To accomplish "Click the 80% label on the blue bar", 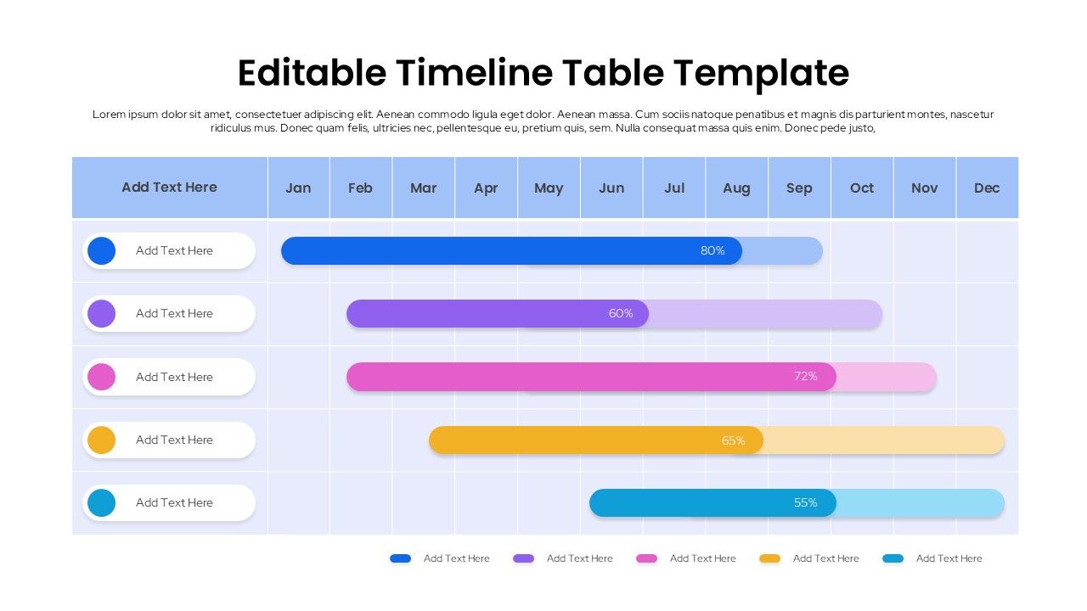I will pyautogui.click(x=712, y=250).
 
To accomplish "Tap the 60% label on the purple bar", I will pyautogui.click(x=621, y=313).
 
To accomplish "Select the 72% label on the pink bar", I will pyautogui.click(x=805, y=376).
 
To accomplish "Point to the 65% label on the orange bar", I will pyautogui.click(x=733, y=440).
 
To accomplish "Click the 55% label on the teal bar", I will pyautogui.click(x=805, y=502).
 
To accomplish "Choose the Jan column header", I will pyautogui.click(x=298, y=188).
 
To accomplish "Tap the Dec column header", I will pyautogui.click(x=987, y=188).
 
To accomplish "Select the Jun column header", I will pyautogui.click(x=611, y=188).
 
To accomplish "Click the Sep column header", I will pyautogui.click(x=799, y=188).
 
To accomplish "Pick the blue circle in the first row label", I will pyautogui.click(x=101, y=250).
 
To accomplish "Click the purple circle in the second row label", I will pyautogui.click(x=101, y=313).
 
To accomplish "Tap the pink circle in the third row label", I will pyautogui.click(x=101, y=376).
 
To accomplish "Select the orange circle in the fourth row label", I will pyautogui.click(x=101, y=440).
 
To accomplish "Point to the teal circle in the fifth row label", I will pyautogui.click(x=101, y=502).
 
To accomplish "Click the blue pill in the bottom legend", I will pyautogui.click(x=401, y=558).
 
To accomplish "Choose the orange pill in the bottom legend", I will pyautogui.click(x=770, y=558).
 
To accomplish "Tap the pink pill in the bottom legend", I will pyautogui.click(x=647, y=558).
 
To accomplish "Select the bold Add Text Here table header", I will pyautogui.click(x=169, y=187).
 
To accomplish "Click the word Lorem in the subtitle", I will pyautogui.click(x=109, y=114).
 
